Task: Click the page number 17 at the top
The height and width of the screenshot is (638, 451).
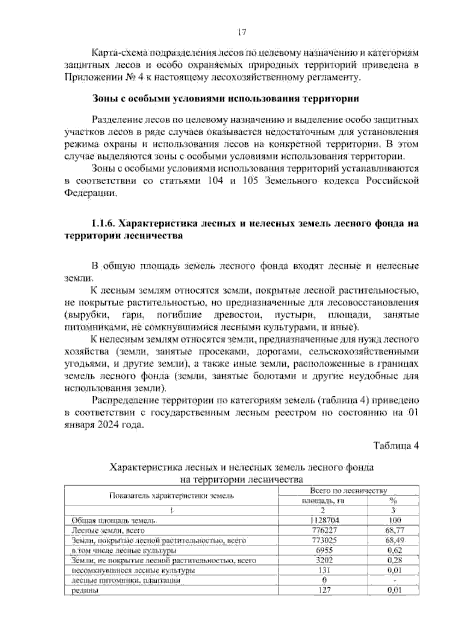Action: pos(242,32)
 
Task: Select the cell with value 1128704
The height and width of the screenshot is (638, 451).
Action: pos(323,520)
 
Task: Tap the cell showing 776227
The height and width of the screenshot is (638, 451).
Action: pos(323,530)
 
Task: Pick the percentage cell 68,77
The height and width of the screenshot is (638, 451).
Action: pos(394,530)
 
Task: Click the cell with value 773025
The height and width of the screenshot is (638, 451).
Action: pos(323,540)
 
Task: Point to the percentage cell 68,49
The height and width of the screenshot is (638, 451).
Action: pos(394,540)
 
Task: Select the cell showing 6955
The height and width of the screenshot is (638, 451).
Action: pos(323,550)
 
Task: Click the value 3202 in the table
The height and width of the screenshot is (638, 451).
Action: pos(323,560)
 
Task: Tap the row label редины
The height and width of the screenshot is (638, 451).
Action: pos(85,591)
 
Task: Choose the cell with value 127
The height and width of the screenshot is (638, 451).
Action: pos(323,590)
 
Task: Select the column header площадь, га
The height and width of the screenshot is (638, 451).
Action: pos(323,501)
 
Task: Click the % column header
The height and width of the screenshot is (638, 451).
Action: pos(394,501)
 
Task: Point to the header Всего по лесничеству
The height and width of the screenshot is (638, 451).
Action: pos(348,491)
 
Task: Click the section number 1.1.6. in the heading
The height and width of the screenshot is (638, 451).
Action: pos(104,224)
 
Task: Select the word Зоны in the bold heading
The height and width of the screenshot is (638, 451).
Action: pos(104,99)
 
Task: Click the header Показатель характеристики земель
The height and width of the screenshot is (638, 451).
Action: pos(171,496)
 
